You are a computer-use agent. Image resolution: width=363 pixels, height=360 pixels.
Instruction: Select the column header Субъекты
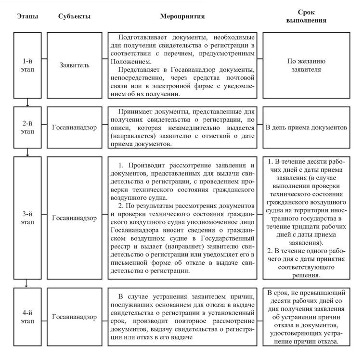click(x=71, y=17)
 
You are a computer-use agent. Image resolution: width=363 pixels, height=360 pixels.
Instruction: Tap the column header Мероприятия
click(x=182, y=16)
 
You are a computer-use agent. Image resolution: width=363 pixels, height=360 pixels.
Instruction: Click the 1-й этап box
click(x=28, y=64)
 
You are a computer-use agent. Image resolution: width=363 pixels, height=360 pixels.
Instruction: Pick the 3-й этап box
click(x=28, y=217)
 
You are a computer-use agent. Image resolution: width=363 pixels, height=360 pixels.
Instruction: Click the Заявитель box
click(x=74, y=64)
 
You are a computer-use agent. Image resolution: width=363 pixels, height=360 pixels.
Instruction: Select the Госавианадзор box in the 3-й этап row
click(x=74, y=217)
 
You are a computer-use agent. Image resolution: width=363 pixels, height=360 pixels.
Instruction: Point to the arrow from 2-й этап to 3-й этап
click(x=28, y=152)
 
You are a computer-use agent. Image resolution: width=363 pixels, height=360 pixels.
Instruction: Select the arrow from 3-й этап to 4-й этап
click(x=28, y=284)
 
